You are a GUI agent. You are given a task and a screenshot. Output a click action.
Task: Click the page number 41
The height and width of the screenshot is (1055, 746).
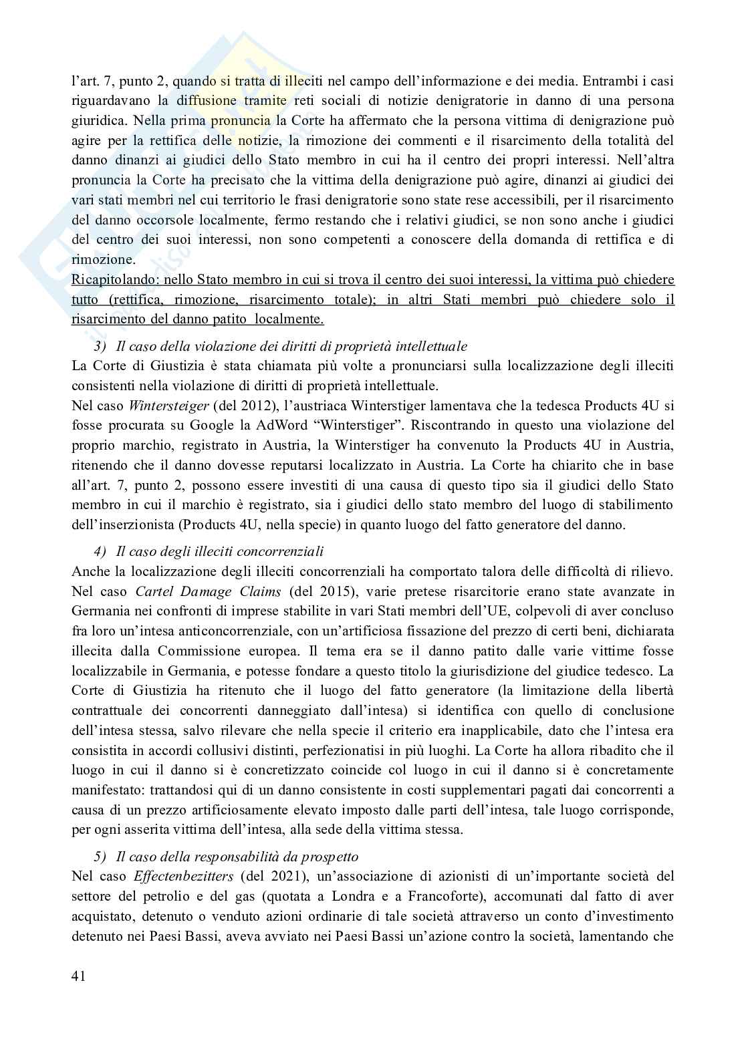tap(78, 977)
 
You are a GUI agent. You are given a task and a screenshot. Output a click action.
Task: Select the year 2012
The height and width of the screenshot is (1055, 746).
tap(243, 405)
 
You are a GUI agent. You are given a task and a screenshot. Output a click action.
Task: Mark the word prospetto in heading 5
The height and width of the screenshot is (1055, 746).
tap(330, 856)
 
